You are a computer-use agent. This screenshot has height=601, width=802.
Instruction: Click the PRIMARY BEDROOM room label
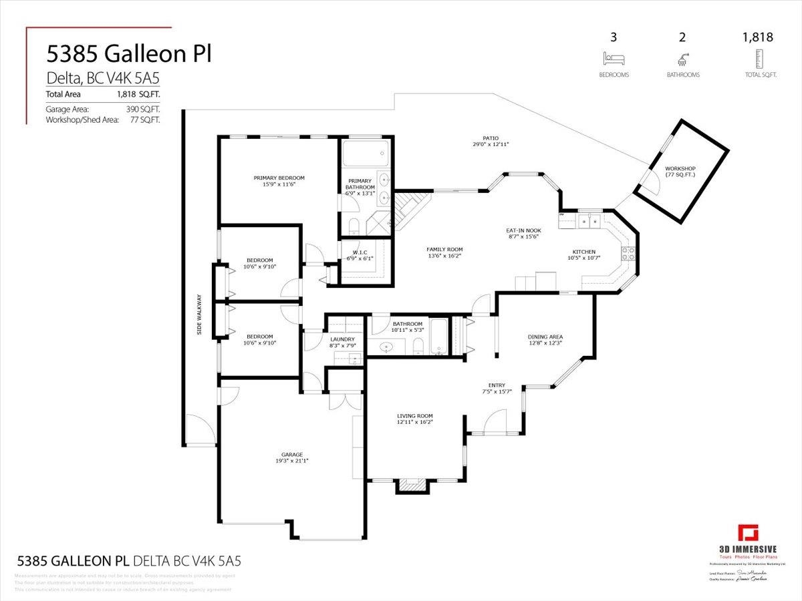(x=279, y=178)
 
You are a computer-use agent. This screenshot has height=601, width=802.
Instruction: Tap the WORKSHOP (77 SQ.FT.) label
(x=680, y=168)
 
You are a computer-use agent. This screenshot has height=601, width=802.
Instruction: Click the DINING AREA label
(x=545, y=337)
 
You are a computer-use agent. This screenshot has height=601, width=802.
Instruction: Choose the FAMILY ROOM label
(x=444, y=249)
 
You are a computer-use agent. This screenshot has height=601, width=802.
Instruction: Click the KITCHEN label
(x=583, y=252)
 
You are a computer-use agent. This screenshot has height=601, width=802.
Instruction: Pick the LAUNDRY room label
(x=342, y=339)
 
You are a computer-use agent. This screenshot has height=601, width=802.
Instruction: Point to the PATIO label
(x=491, y=138)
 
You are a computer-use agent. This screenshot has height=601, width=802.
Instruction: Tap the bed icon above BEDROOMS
(x=614, y=57)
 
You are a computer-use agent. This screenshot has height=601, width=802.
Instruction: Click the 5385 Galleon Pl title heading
(x=128, y=54)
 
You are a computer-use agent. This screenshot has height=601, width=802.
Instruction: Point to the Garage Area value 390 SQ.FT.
(x=144, y=109)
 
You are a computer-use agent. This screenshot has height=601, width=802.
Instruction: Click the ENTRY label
(x=497, y=385)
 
